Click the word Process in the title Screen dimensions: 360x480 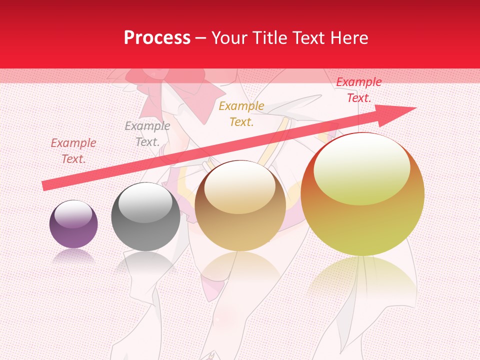click(x=157, y=38)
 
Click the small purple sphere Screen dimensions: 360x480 click(x=73, y=224)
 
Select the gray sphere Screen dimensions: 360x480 click(x=145, y=217)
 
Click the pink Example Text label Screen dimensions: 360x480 click(x=73, y=151)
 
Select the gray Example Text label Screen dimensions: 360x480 click(x=147, y=134)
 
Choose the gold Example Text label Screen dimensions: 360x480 click(x=241, y=113)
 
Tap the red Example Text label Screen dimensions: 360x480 click(x=358, y=90)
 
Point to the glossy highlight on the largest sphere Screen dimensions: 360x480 click(x=361, y=167)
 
